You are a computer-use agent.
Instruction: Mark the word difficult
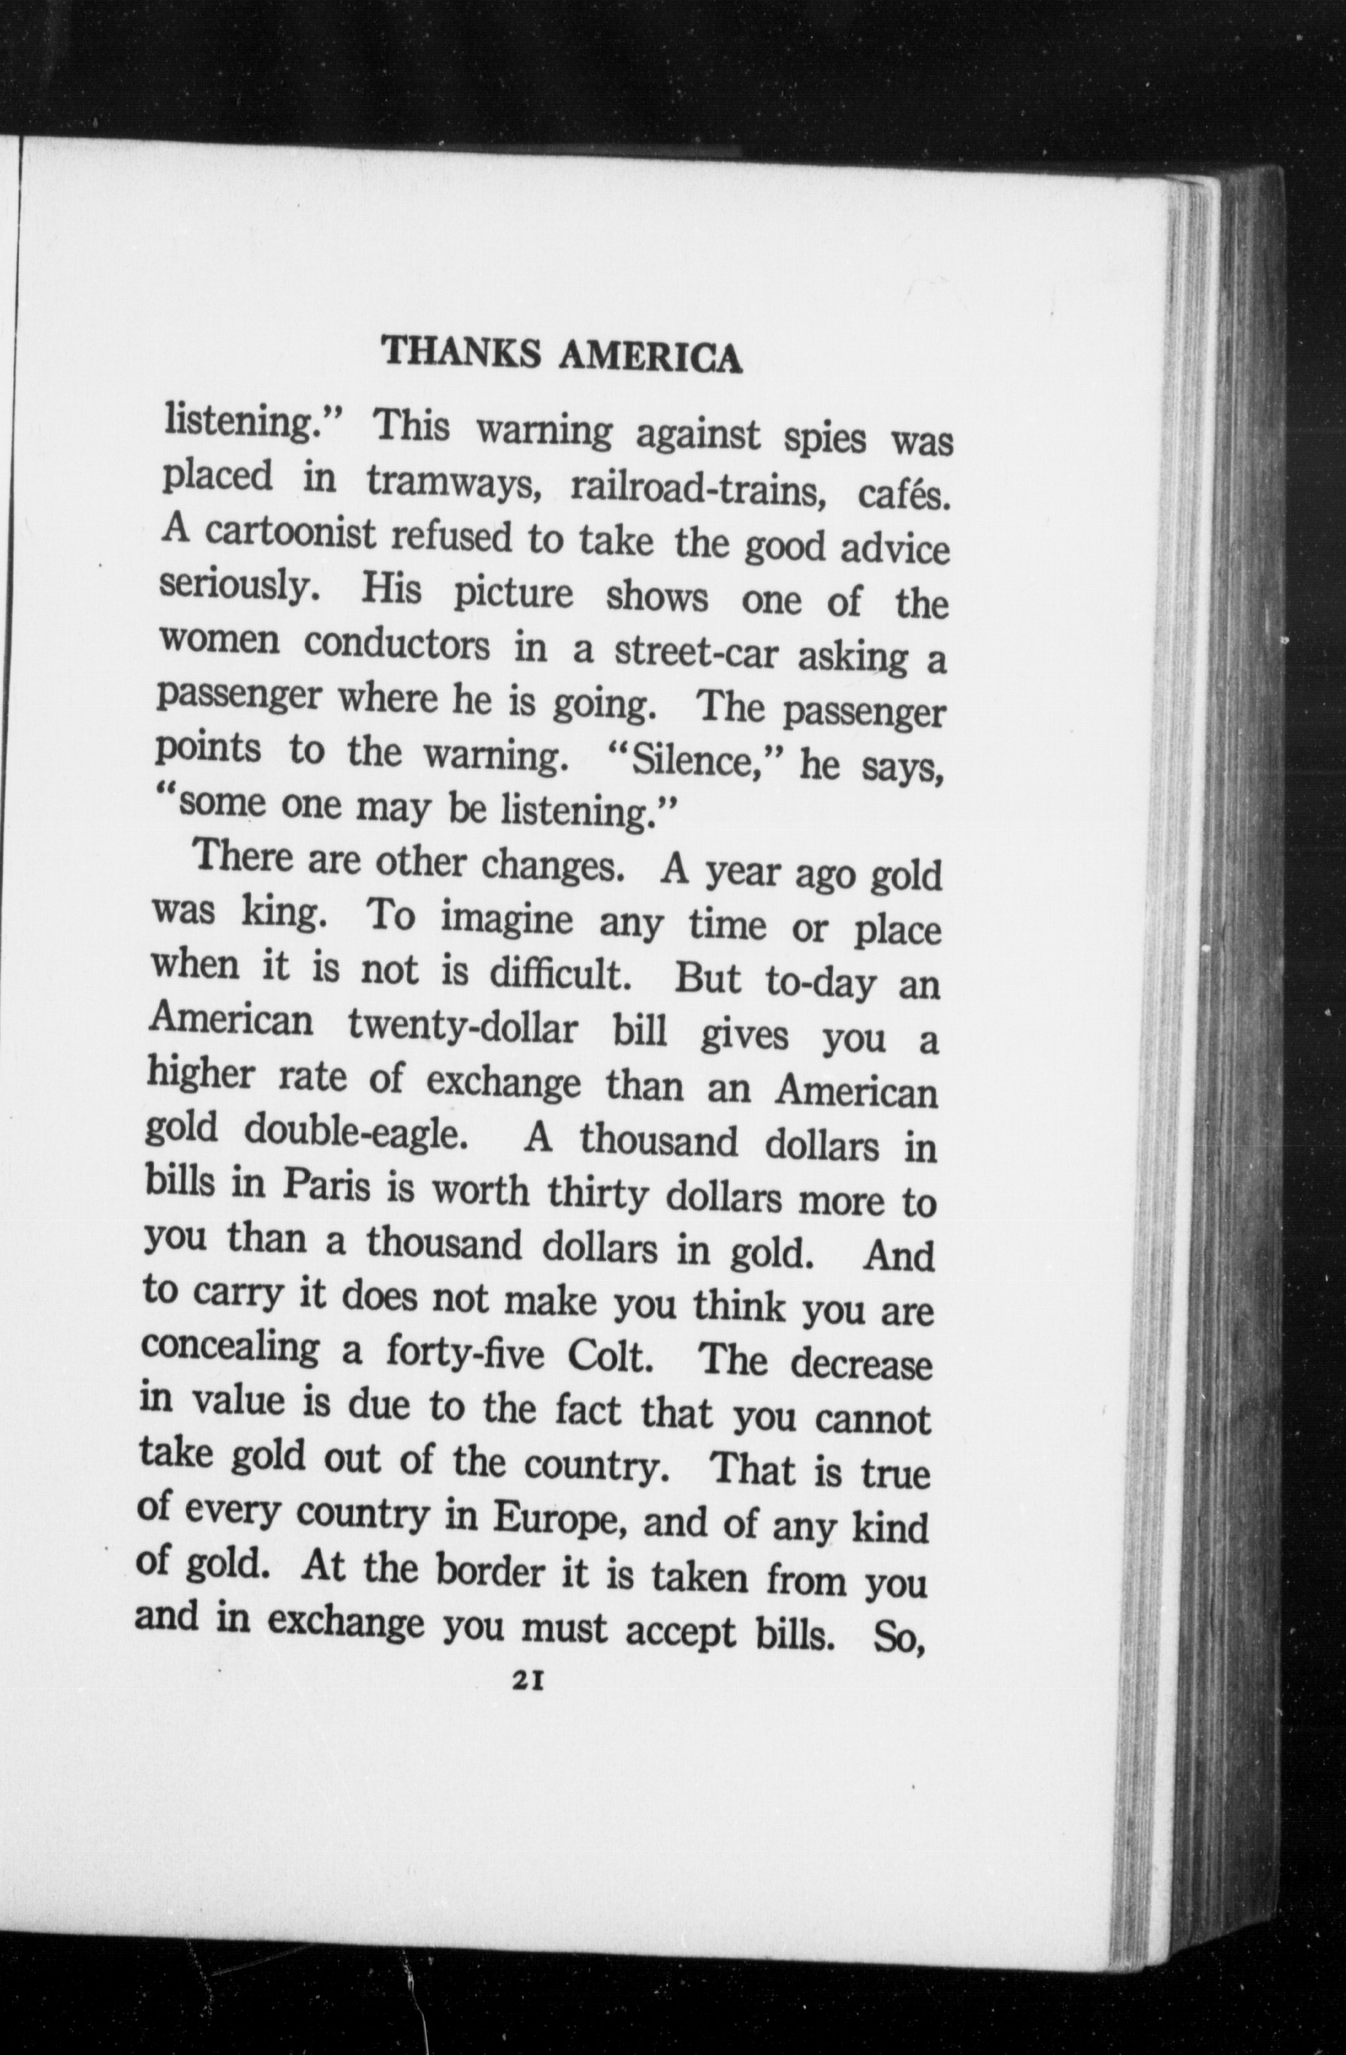point(556,976)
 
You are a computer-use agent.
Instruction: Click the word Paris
point(326,1187)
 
